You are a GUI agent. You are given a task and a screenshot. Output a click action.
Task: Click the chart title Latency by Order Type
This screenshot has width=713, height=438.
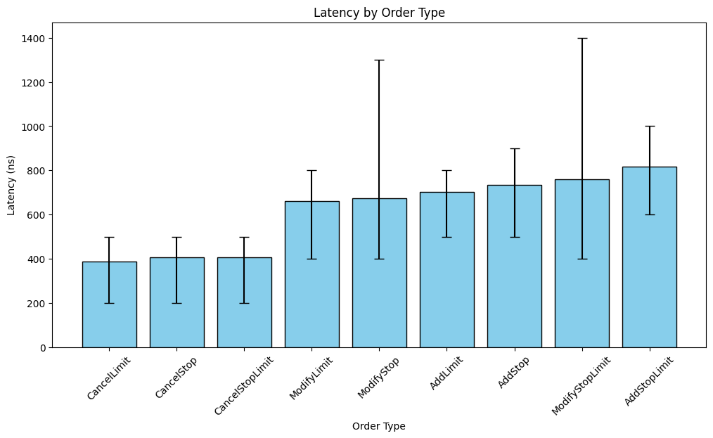[379, 13]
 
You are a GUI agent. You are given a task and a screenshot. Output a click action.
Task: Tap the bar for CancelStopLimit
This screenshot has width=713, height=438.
[244, 302]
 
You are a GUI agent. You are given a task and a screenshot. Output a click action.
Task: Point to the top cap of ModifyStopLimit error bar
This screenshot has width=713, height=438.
[582, 38]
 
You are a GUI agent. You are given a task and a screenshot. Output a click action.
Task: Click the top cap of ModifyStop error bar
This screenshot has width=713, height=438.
[379, 60]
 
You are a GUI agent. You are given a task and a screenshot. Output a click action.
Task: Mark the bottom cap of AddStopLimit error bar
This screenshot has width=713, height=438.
[649, 214]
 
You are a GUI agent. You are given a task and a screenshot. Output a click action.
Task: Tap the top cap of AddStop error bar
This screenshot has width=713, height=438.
[514, 148]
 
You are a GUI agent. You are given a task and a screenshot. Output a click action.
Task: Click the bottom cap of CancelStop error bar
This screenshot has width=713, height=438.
[176, 303]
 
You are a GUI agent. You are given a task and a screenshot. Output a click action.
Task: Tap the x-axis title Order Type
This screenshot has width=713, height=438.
[379, 426]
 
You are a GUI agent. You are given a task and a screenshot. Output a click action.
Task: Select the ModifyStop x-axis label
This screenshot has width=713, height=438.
[379, 378]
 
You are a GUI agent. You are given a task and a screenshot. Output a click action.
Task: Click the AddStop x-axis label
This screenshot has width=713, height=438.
[514, 373]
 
